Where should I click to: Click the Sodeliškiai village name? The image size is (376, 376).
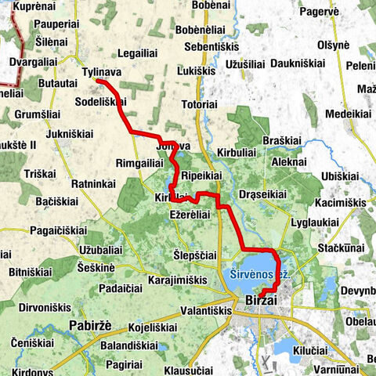tap(100, 102)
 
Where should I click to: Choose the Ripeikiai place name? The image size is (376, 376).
tap(201, 175)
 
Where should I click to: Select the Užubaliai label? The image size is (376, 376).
tap(101, 249)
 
